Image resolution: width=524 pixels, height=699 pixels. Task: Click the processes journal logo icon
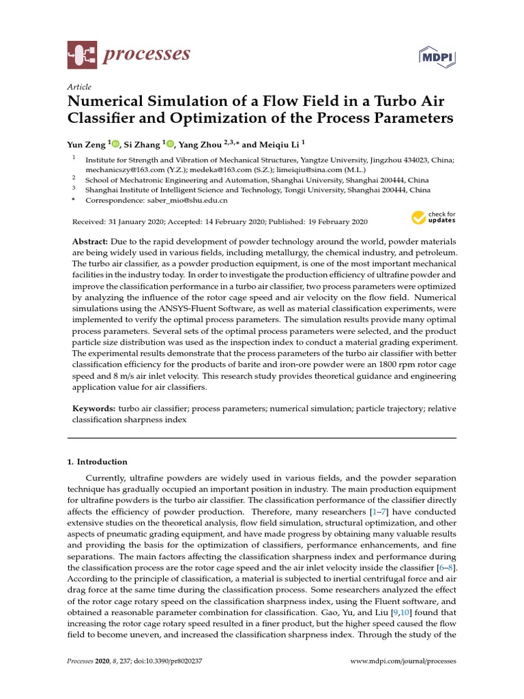click(83, 54)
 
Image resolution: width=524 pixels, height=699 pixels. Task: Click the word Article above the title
click(79, 87)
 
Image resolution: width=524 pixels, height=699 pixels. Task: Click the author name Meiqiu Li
click(278, 144)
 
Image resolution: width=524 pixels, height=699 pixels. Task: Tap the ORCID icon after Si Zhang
click(169, 144)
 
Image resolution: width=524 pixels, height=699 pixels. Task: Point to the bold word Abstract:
click(90, 243)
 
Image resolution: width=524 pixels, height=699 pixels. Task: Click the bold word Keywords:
click(94, 409)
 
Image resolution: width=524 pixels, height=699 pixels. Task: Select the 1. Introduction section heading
click(98, 462)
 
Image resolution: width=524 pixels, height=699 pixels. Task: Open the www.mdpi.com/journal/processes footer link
click(403, 661)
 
